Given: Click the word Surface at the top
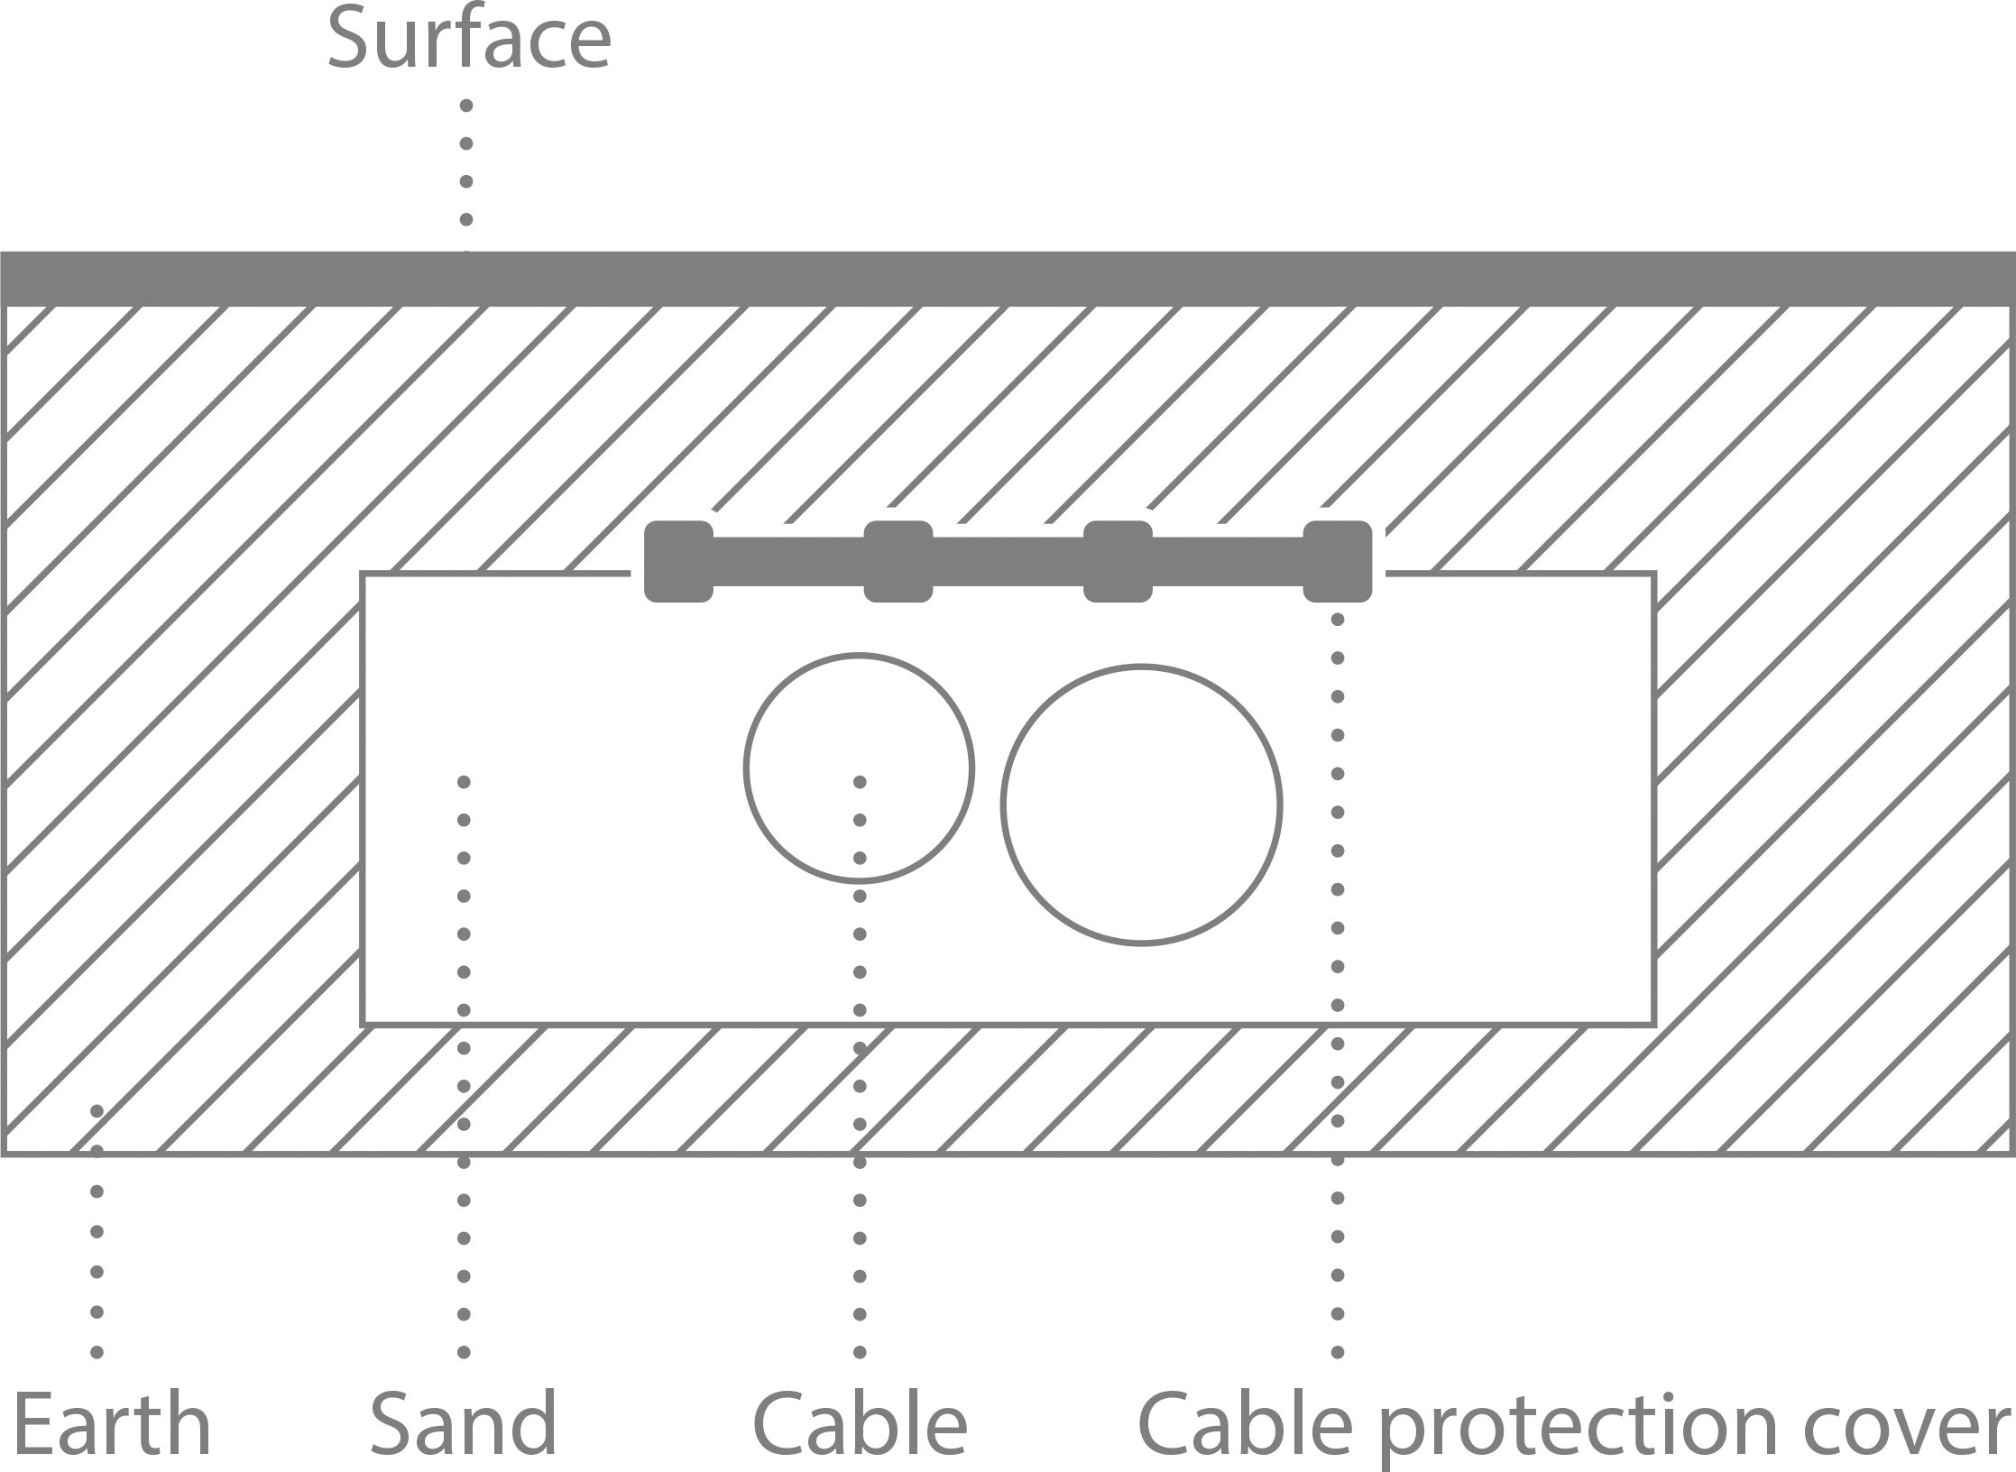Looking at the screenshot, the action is pyautogui.click(x=469, y=38).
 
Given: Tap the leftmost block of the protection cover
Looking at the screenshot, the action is pyautogui.click(x=678, y=561).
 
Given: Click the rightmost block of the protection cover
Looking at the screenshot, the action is pyautogui.click(x=1338, y=561).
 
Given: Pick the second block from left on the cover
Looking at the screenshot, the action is pyautogui.click(x=898, y=561).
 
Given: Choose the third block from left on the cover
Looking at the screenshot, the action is pyautogui.click(x=1118, y=561).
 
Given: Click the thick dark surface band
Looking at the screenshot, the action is pyautogui.click(x=1008, y=279).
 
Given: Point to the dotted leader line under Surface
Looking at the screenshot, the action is pyautogui.click(x=466, y=162).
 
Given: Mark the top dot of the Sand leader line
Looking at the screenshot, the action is pyautogui.click(x=464, y=781).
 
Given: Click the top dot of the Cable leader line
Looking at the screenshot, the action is pyautogui.click(x=860, y=781).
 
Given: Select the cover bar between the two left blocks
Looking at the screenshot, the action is pyautogui.click(x=788, y=561).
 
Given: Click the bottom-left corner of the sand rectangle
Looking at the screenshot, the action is pyautogui.click(x=363, y=1024).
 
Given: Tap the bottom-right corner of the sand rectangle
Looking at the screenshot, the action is pyautogui.click(x=1655, y=1024).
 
